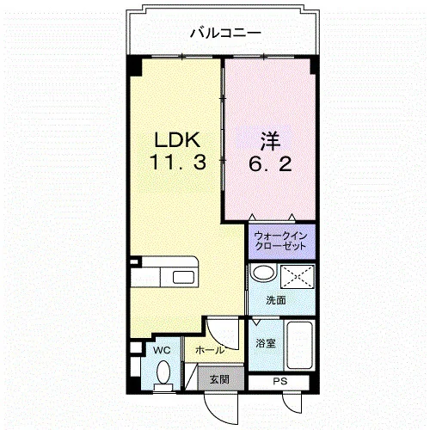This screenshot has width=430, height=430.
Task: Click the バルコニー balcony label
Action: [226, 33]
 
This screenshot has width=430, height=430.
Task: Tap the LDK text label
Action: [177, 140]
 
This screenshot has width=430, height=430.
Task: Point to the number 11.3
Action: [178, 162]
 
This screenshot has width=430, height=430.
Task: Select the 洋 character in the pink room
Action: [270, 142]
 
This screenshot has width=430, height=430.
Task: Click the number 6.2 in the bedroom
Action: [270, 164]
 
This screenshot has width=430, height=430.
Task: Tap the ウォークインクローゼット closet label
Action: [281, 241]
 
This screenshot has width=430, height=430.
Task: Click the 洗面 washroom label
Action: [276, 300]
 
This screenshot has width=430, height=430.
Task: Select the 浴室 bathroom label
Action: [266, 343]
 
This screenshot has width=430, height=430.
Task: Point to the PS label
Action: [280, 382]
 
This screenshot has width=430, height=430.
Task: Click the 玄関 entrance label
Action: [219, 379]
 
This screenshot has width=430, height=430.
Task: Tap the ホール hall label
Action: [210, 350]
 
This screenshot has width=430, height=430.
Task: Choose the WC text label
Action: [162, 350]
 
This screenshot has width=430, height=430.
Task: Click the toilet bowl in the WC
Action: [163, 372]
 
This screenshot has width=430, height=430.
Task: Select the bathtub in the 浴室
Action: [299, 346]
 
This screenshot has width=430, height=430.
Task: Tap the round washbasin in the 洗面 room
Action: [263, 273]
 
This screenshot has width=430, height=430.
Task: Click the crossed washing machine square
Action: [298, 277]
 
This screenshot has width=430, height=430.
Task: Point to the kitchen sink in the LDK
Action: [183, 277]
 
